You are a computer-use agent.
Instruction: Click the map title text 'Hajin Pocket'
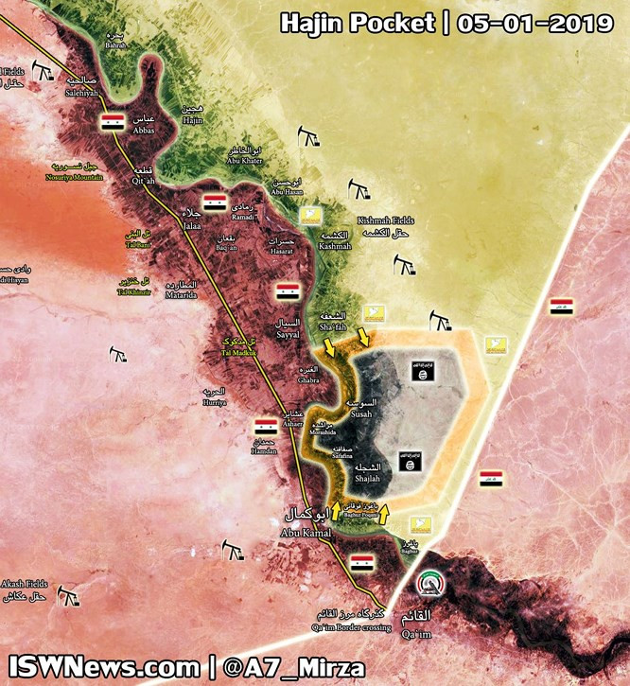pos(357,22)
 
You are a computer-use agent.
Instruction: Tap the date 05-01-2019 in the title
pos(534,22)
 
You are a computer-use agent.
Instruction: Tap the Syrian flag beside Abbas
pos(113,121)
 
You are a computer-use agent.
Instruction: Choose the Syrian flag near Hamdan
pos(265,427)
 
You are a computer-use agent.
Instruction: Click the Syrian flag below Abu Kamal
pos(362,564)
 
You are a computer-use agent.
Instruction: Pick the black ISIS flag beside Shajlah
pos(409,463)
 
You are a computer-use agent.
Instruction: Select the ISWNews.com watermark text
pos(104,664)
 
